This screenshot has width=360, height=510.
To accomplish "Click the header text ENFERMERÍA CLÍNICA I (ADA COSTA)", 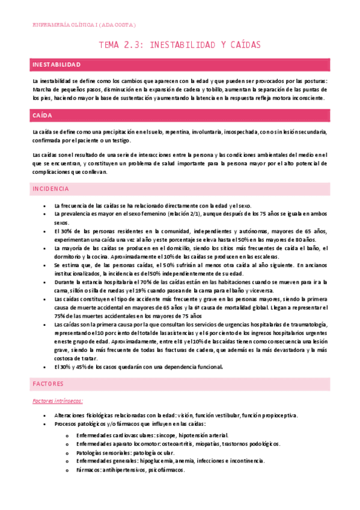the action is click(x=84, y=25).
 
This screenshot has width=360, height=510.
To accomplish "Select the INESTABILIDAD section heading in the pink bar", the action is click(x=56, y=64).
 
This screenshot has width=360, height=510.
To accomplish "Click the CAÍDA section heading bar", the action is click(x=43, y=114).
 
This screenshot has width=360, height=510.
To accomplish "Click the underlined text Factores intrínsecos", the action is click(x=58, y=400).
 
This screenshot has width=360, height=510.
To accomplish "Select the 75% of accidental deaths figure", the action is click(x=61, y=315).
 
